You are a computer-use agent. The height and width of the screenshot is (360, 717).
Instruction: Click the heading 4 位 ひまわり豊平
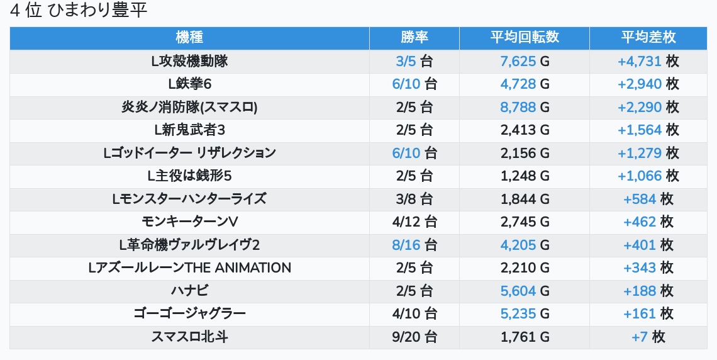79,11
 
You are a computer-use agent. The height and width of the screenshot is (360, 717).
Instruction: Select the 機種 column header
189,38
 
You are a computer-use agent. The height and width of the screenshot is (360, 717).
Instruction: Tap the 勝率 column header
414,38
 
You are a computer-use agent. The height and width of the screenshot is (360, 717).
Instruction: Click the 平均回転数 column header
525,38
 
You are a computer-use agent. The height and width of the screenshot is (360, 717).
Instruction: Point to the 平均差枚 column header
648,38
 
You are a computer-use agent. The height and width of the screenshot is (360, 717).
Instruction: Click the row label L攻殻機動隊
189,61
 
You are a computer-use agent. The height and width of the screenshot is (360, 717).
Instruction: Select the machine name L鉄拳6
189,84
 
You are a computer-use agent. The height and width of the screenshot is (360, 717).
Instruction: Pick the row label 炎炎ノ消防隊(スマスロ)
189,107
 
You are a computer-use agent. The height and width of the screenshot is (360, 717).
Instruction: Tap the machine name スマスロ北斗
189,337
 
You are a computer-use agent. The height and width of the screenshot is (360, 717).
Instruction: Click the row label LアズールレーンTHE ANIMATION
189,268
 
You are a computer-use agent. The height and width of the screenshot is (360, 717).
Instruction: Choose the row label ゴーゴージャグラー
189,314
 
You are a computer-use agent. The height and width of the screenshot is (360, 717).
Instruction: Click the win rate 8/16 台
414,245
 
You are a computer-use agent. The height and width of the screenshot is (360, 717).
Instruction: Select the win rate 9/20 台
414,337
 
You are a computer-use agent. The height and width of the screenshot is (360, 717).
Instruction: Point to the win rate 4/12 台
414,222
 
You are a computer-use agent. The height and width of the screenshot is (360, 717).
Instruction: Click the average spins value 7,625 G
525,61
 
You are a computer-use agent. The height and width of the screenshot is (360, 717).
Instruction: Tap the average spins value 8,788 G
525,107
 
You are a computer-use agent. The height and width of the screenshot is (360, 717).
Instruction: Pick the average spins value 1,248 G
525,176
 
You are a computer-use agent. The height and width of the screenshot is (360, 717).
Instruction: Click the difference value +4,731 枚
648,61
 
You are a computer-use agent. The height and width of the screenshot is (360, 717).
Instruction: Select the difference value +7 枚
648,337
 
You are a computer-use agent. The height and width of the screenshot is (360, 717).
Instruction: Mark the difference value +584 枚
648,199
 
